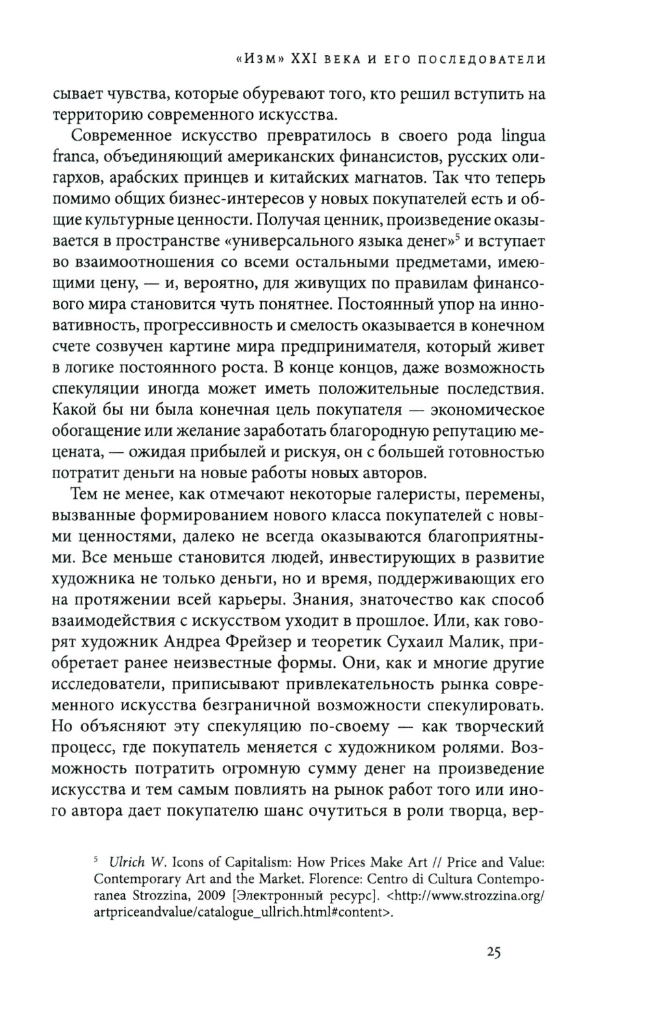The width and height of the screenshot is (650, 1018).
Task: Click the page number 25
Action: pos(491,953)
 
